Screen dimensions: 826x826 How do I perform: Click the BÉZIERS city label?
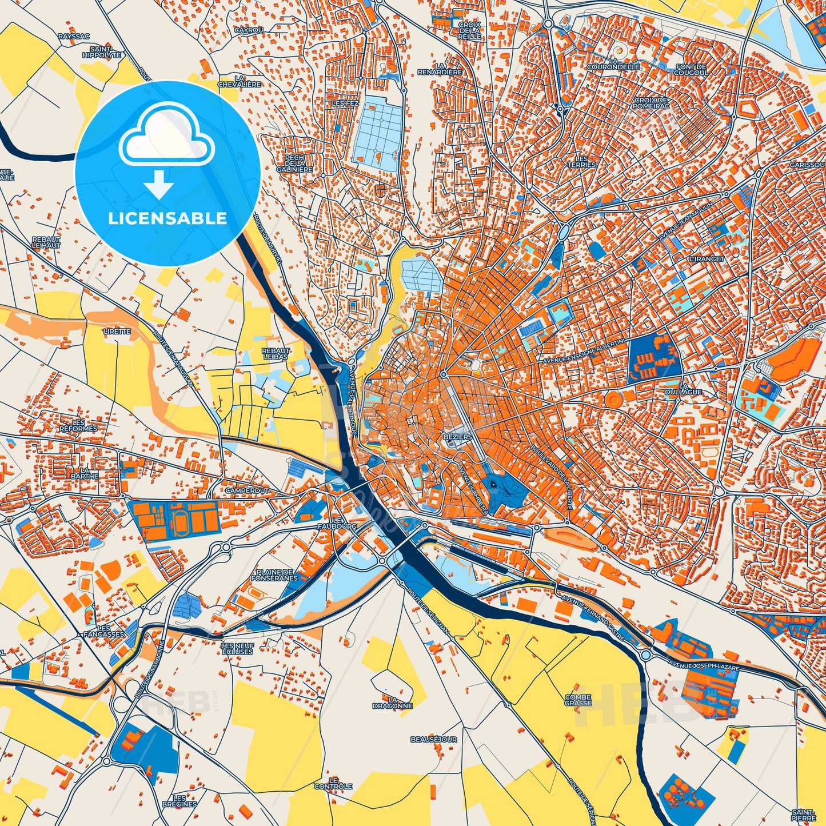[x=457, y=437]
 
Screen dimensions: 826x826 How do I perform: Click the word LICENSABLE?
[x=167, y=218]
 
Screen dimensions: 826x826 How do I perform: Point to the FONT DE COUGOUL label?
[x=691, y=70]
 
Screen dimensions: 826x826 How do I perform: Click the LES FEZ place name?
[x=345, y=103]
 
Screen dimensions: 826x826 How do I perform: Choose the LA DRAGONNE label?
[x=392, y=703]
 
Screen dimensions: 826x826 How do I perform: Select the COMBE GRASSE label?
[x=578, y=700]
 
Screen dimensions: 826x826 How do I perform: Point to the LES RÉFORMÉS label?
[x=78, y=425]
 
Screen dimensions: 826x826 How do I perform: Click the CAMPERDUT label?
[x=247, y=490]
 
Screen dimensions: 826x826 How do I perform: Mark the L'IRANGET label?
[x=707, y=259]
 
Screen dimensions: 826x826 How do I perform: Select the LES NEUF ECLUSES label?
[x=237, y=648]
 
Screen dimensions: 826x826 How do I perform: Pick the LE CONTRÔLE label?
[x=333, y=783]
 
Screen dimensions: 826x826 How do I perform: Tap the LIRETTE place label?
[x=117, y=331]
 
